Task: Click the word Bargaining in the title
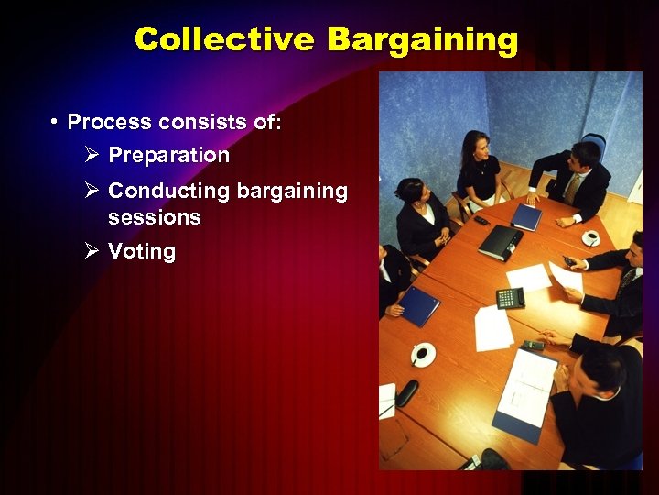[423, 40]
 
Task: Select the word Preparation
[168, 156]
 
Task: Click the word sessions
[154, 217]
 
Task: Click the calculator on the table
[510, 297]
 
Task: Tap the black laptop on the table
[501, 242]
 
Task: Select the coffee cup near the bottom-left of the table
[422, 354]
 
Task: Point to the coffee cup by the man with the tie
[590, 238]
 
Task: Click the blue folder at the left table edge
[419, 305]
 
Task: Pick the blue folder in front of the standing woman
[526, 217]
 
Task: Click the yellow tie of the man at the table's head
[572, 189]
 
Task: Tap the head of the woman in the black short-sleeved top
[474, 145]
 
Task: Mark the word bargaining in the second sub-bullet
[292, 192]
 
